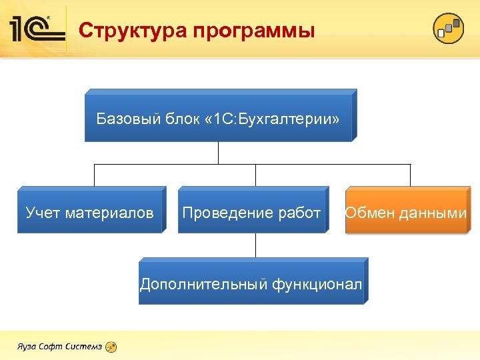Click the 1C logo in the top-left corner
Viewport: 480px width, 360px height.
pos(37,29)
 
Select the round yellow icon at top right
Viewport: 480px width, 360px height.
pos(448,29)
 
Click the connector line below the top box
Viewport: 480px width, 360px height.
pos(218,153)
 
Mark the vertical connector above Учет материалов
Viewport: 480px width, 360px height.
pos(94,175)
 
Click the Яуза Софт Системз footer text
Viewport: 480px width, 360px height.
pos(59,347)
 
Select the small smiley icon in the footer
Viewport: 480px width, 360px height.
pos(112,347)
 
